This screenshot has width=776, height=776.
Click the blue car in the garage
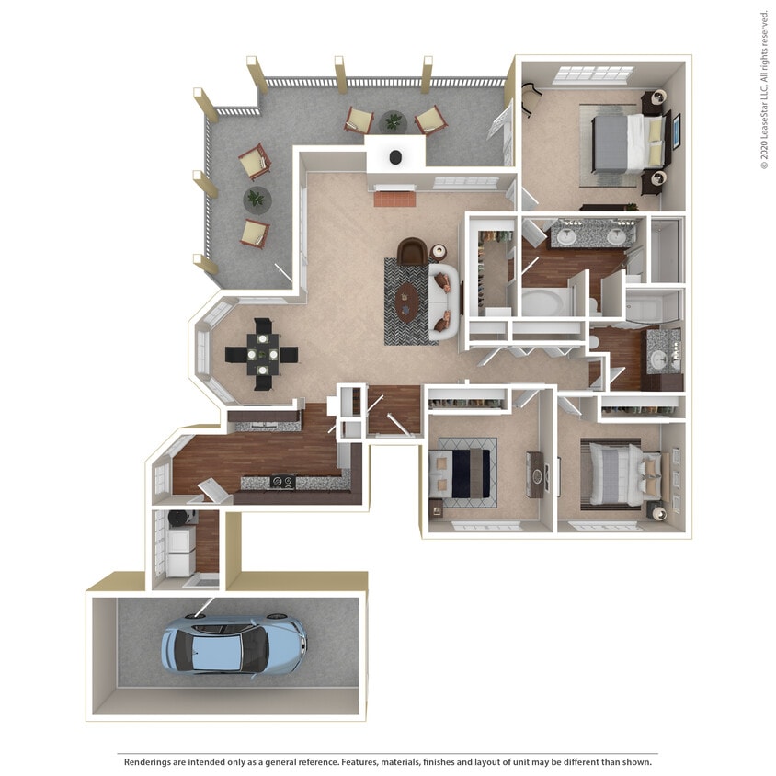coord(233,643)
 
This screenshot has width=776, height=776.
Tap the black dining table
coord(262,353)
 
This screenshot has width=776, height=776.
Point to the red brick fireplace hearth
coord(394,197)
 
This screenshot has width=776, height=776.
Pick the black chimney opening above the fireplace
coord(396,157)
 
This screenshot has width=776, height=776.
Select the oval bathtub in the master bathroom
coord(545,302)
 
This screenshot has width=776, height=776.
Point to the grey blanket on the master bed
coord(611,141)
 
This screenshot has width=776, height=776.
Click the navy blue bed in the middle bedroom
coord(467,469)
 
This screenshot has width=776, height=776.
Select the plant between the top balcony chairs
coord(394,120)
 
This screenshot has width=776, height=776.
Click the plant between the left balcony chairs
coord(255,197)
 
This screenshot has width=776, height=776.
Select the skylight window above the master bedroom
coord(595,74)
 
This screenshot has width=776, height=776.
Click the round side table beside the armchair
coord(439,250)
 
